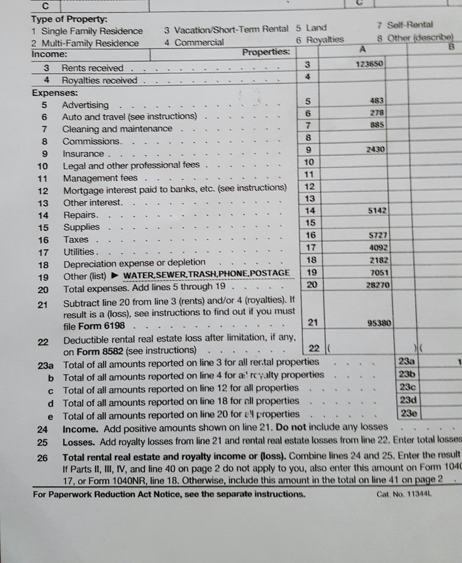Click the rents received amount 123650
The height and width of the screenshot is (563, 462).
(372, 64)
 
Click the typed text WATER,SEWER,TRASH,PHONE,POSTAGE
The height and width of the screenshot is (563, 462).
(206, 274)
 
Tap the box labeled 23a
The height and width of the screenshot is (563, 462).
(410, 361)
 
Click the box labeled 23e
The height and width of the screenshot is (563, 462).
(410, 413)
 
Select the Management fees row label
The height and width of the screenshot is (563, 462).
(100, 178)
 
